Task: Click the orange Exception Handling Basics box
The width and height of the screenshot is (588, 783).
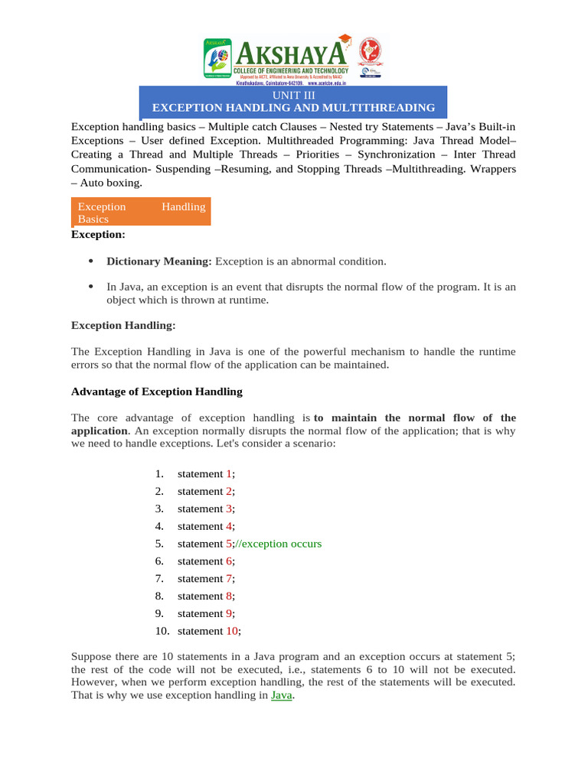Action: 140,212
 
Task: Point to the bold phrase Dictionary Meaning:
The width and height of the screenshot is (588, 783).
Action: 158,262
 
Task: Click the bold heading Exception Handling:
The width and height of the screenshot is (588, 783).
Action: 123,326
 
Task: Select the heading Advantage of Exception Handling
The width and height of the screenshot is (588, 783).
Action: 156,391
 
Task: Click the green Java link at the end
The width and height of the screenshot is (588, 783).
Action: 282,696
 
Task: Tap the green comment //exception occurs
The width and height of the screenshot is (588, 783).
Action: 279,544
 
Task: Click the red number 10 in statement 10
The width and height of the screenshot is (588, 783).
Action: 232,631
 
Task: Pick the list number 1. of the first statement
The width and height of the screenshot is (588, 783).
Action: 159,474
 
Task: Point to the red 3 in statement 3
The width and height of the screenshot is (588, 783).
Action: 228,508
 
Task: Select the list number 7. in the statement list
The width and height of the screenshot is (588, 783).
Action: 159,579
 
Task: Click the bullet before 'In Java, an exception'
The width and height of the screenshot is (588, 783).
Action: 91,287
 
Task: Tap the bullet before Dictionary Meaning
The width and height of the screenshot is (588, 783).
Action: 91,262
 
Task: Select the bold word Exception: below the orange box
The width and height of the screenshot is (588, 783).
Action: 98,235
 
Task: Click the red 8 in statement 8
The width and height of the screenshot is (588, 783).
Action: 228,596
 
